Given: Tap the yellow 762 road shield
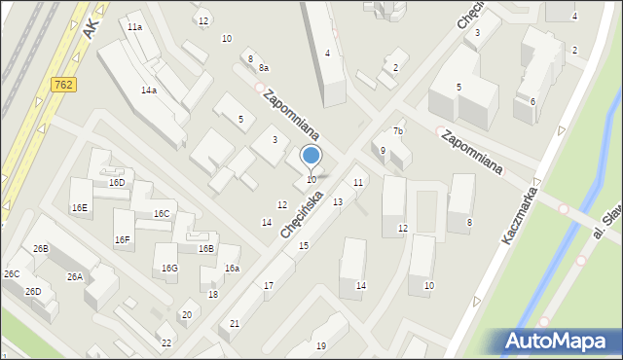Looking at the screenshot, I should [60, 86].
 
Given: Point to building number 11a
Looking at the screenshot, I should [134, 27].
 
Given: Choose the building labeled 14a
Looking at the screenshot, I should [148, 90].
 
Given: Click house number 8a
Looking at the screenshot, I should [264, 67].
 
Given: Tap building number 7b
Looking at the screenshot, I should [397, 130].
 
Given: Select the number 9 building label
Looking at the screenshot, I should [383, 150].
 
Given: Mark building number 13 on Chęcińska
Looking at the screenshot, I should [337, 201].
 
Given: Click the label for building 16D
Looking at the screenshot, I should [117, 182].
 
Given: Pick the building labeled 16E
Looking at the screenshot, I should [79, 207].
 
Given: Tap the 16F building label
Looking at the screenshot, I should [122, 239].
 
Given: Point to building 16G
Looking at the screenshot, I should [169, 268].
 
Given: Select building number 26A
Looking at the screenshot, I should [74, 276].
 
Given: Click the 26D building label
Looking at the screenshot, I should [33, 291].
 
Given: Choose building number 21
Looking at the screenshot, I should [235, 323].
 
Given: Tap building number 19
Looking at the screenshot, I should [321, 345].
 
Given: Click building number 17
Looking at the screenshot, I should [269, 285].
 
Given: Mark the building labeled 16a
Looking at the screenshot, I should [232, 268].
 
